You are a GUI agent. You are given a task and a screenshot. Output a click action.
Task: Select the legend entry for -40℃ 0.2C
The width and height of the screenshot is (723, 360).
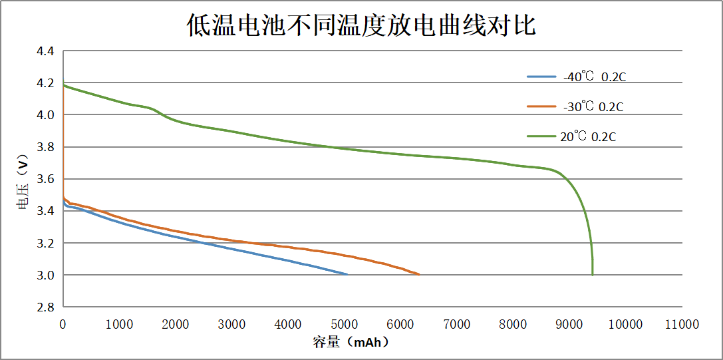click(594, 77)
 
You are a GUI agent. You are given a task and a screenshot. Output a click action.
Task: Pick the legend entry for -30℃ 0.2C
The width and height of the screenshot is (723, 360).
click(593, 106)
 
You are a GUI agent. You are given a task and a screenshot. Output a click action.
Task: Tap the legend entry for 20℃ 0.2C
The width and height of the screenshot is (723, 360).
click(588, 137)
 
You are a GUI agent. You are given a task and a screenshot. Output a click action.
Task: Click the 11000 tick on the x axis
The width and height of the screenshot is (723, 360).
click(682, 324)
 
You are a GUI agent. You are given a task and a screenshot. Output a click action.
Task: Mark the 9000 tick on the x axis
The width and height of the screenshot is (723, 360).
click(569, 324)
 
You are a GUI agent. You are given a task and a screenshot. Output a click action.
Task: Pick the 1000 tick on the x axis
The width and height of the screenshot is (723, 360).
click(119, 324)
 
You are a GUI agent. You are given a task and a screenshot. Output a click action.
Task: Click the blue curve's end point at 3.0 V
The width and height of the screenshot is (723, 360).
click(347, 274)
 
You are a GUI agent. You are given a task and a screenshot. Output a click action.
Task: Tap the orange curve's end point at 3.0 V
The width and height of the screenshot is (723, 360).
click(418, 274)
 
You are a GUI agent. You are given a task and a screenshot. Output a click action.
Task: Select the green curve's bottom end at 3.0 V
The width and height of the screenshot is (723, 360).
click(592, 274)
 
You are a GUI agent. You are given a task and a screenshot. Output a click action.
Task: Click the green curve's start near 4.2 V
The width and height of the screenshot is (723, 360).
click(64, 85)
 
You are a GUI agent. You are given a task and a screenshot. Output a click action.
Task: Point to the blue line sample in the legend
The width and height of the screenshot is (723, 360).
click(541, 77)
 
